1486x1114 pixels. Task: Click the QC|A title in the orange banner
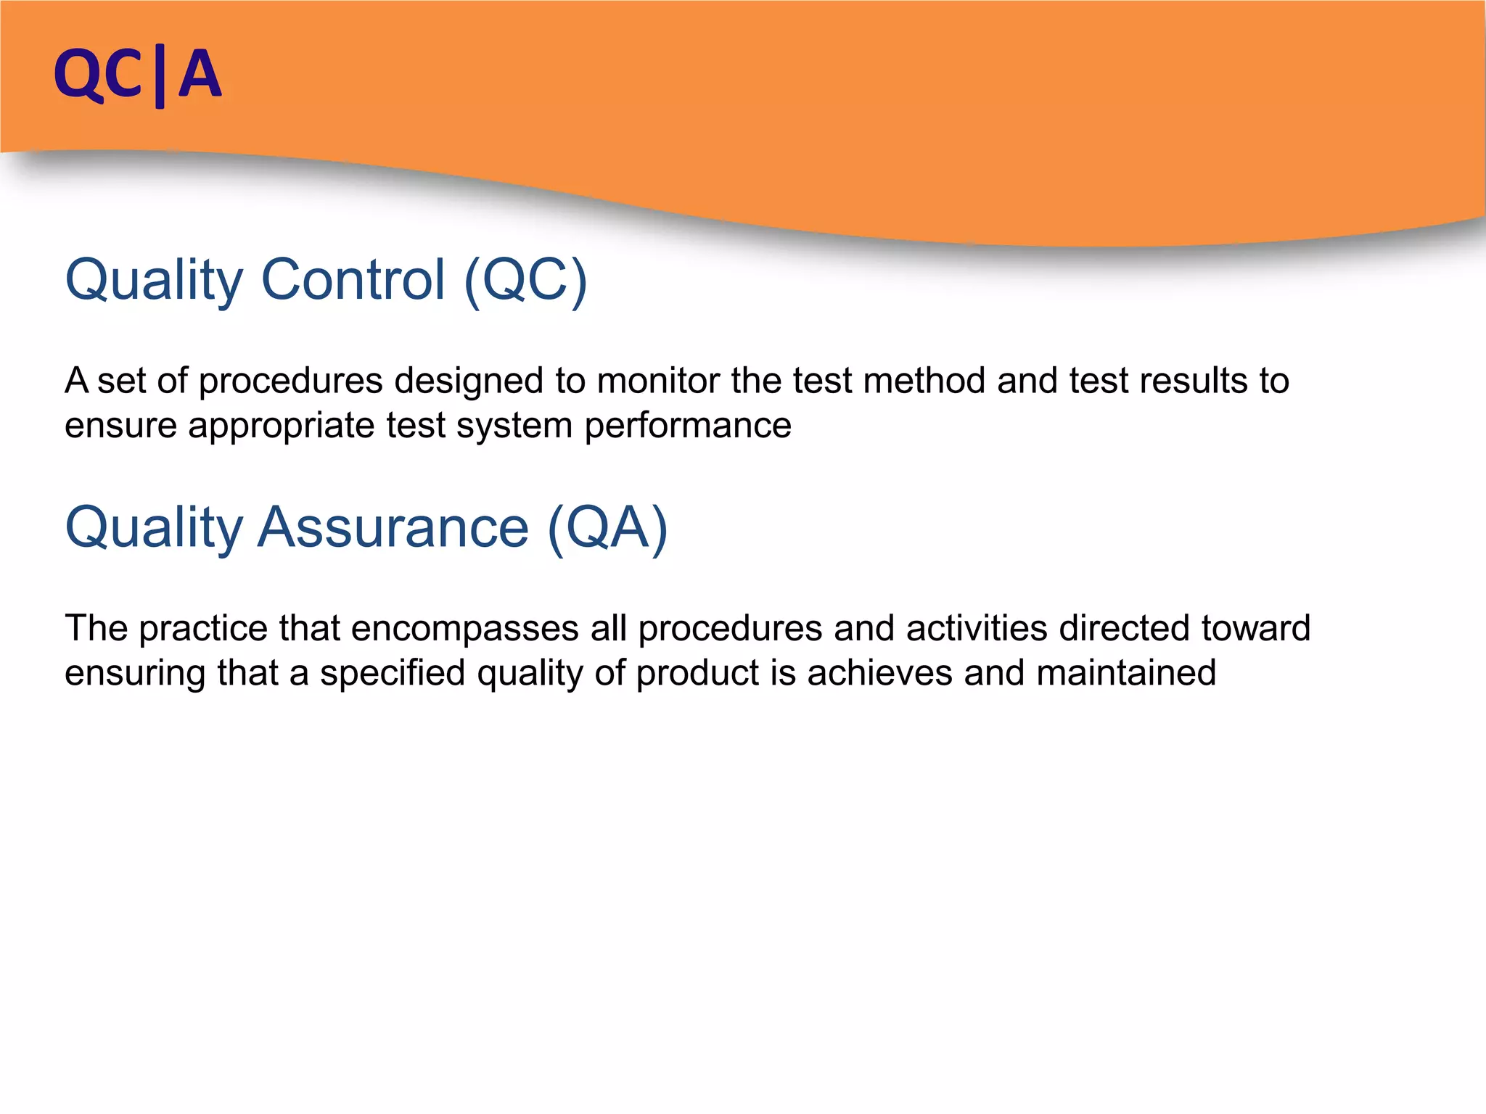click(x=137, y=74)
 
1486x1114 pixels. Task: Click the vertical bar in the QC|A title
click(x=160, y=76)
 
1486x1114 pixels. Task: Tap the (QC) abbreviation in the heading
click(x=525, y=281)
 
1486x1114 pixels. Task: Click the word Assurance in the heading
click(x=393, y=527)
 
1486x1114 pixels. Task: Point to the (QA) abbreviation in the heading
click(x=607, y=528)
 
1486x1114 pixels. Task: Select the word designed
click(x=469, y=381)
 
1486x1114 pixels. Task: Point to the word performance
click(x=688, y=426)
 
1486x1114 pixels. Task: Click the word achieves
click(x=879, y=673)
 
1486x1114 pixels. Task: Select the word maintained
click(x=1126, y=673)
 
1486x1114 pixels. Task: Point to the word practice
click(x=203, y=629)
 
